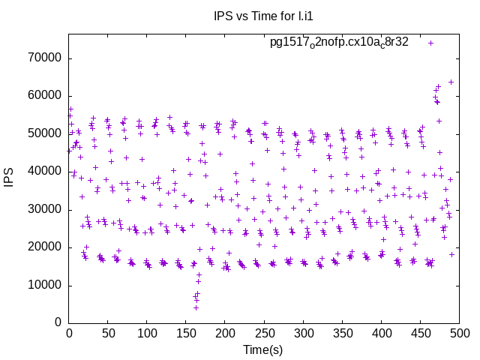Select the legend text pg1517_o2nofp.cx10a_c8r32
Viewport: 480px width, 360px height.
(x=339, y=43)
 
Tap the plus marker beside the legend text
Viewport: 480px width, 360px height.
(x=430, y=43)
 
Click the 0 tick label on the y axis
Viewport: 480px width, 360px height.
(x=58, y=322)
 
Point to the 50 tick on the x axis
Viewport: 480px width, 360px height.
(x=108, y=332)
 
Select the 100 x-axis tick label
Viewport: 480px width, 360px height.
(x=147, y=332)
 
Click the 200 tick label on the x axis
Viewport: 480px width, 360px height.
(x=225, y=332)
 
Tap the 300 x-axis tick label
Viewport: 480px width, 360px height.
(x=304, y=332)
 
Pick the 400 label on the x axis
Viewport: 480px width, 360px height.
(x=382, y=332)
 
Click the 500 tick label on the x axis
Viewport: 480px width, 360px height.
(x=460, y=332)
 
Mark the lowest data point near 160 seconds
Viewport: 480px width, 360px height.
(x=196, y=307)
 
